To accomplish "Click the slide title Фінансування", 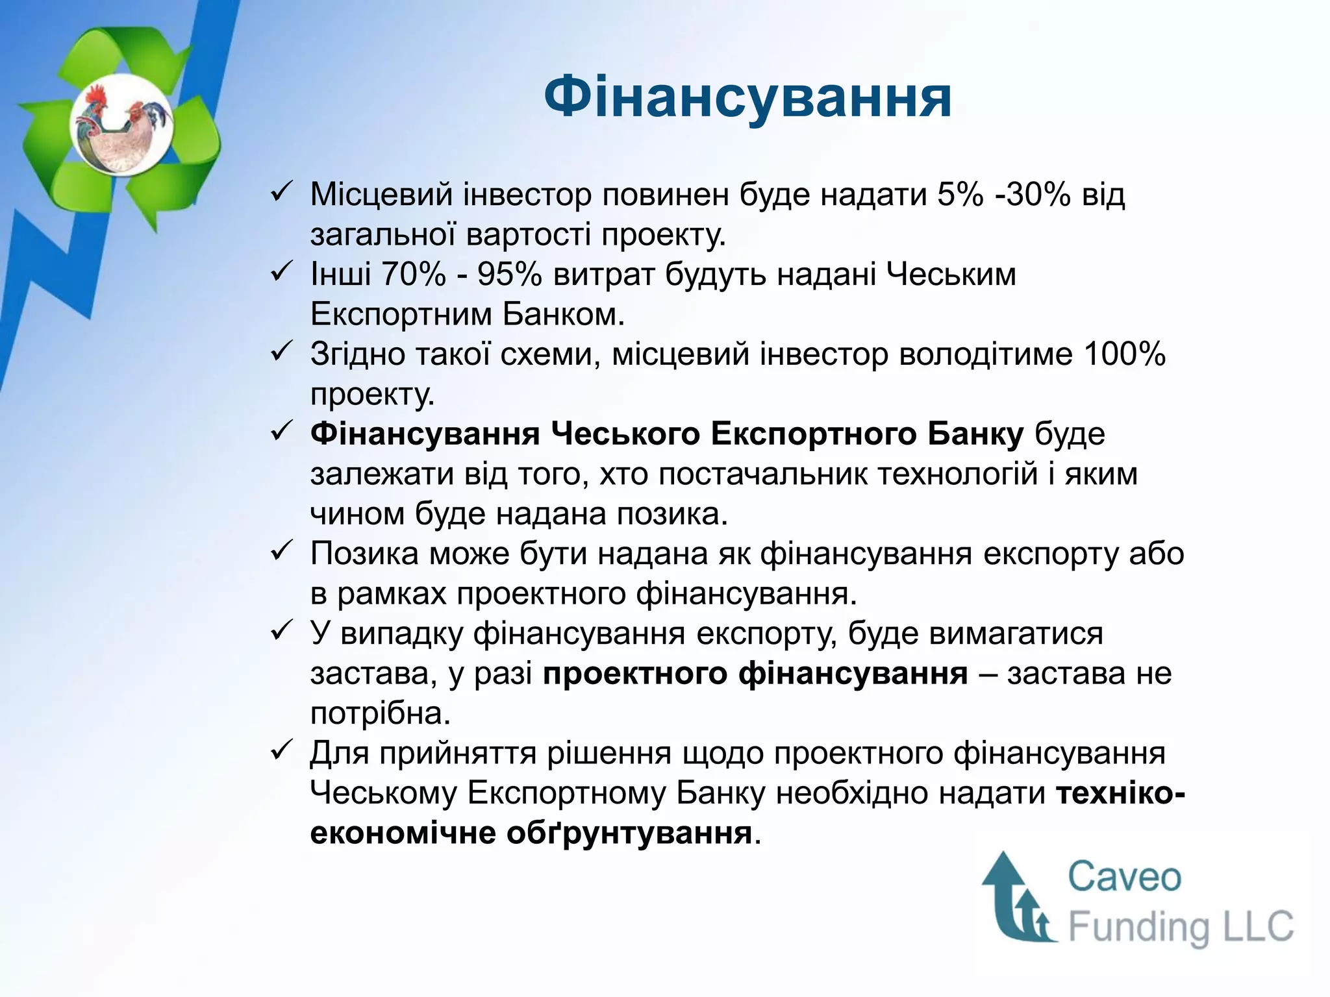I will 747,97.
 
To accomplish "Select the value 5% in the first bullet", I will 960,194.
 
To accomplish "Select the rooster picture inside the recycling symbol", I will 122,125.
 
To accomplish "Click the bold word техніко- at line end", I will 1121,793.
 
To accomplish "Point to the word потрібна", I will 381,713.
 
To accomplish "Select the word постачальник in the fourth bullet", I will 762,474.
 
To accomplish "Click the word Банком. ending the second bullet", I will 563,314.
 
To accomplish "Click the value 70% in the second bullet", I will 414,275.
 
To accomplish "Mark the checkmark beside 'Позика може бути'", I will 282,552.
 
